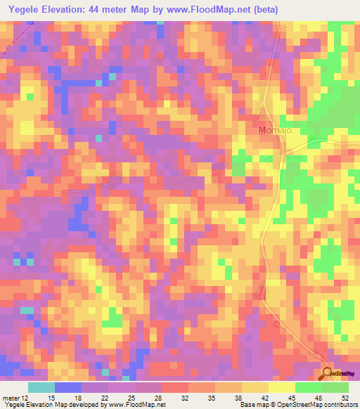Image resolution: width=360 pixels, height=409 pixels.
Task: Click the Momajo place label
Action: click(271, 131)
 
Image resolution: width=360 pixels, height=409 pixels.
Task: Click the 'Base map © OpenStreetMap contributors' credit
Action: click(297, 405)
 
